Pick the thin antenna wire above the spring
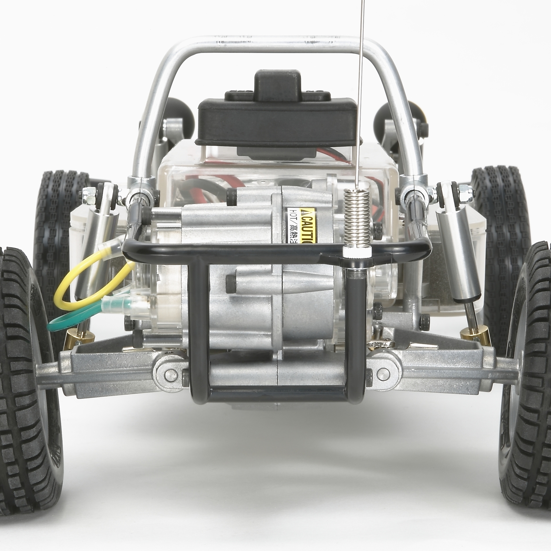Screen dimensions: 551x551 pyautogui.click(x=361, y=86)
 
